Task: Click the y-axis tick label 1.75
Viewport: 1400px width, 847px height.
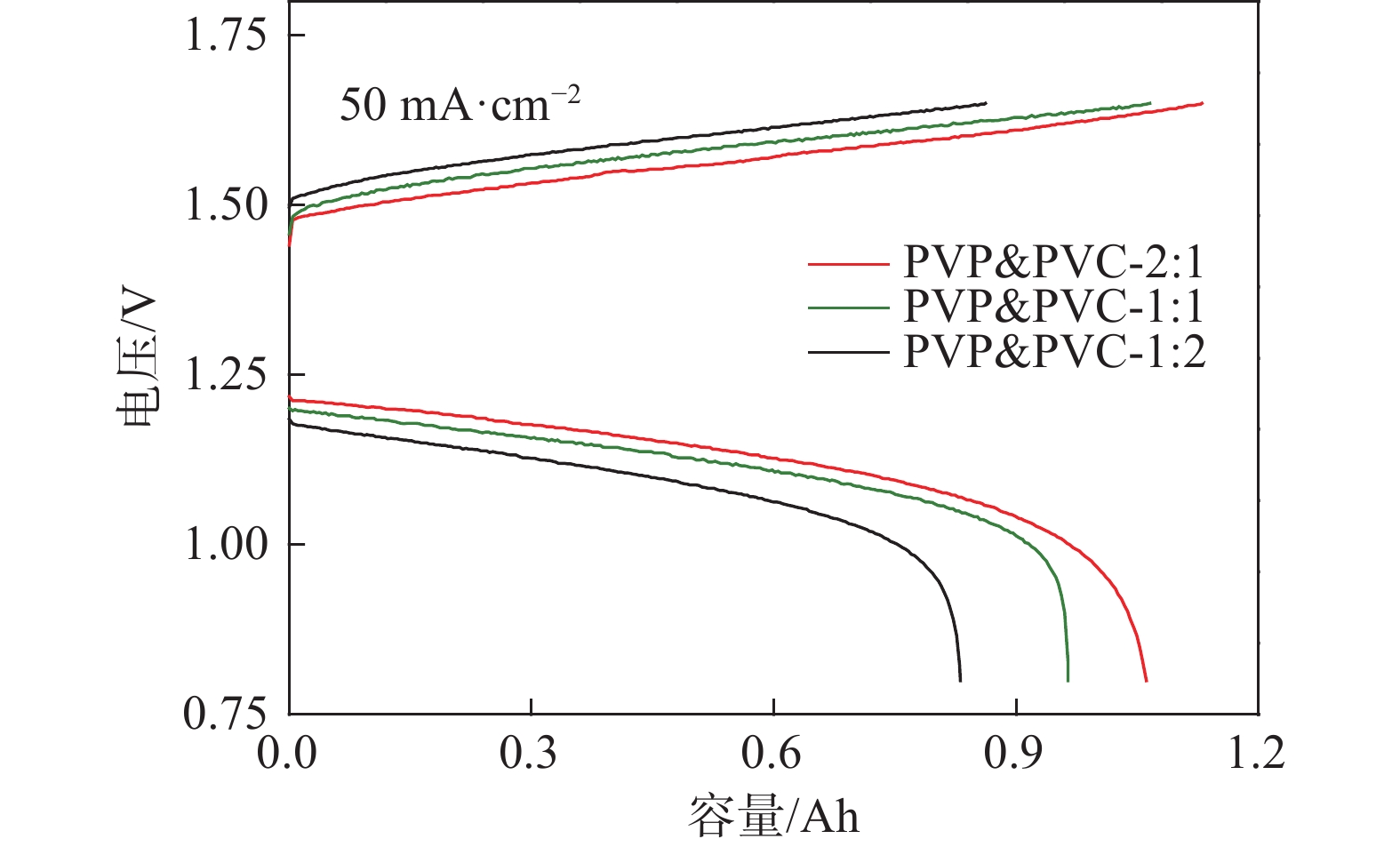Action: tap(225, 36)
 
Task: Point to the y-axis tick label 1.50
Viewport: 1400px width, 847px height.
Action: tap(225, 205)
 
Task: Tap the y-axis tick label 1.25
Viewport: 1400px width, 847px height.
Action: tap(225, 375)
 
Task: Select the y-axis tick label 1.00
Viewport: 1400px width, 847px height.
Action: tap(225, 544)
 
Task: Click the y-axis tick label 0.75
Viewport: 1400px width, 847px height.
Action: tap(225, 713)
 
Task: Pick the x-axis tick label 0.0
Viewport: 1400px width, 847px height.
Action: tap(287, 753)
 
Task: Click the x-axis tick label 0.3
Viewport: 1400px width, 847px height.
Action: tap(529, 753)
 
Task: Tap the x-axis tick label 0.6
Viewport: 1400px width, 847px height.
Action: tap(772, 753)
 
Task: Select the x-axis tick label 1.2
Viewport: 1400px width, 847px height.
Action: tap(1256, 753)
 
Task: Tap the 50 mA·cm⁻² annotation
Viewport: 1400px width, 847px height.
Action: tap(460, 105)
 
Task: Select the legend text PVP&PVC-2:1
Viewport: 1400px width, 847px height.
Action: tap(1053, 262)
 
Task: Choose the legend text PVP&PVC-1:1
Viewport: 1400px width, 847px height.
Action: tap(1053, 307)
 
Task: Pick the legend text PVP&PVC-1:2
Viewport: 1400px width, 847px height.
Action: tap(1053, 352)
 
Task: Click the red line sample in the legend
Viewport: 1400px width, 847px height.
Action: tap(848, 264)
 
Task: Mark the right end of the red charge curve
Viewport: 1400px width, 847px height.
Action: tap(1202, 103)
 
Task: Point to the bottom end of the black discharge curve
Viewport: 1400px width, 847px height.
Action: tap(960, 680)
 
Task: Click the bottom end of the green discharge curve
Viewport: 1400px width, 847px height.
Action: tap(1068, 680)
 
